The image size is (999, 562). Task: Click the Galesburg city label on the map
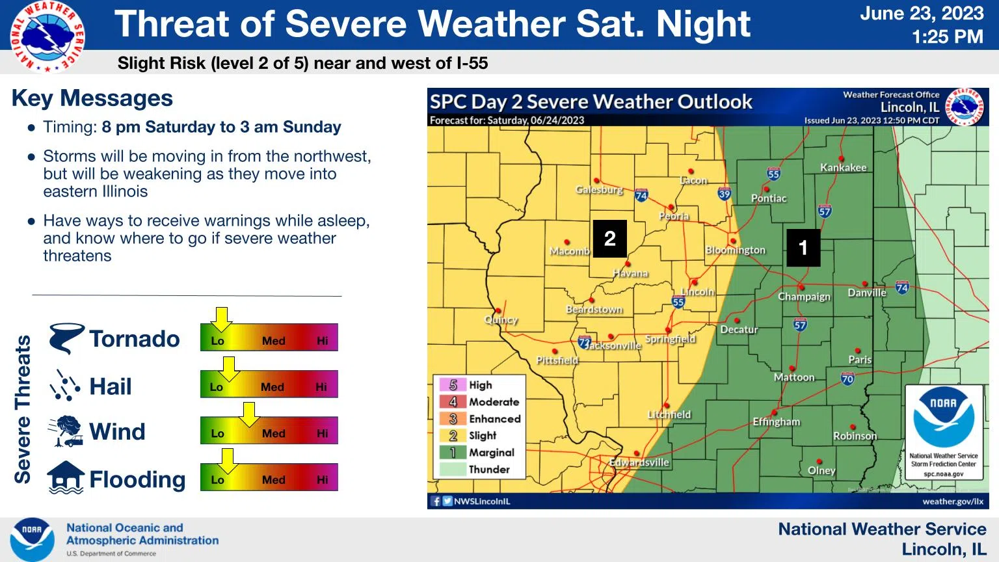point(599,190)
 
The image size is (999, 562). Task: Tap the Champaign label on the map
point(804,297)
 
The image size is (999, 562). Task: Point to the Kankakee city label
point(843,168)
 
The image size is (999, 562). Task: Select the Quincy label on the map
point(501,320)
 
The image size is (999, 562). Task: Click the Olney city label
point(821,470)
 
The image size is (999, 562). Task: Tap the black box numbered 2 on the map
point(609,239)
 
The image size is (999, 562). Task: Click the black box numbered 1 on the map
point(803,247)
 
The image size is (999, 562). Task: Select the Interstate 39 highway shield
point(725,194)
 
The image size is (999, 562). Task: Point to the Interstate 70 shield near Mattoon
point(847,379)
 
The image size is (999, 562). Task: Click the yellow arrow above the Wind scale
point(250,412)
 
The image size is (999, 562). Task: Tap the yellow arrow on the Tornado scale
point(222,319)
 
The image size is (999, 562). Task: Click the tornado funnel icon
point(66,338)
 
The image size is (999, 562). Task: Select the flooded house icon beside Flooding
point(66,478)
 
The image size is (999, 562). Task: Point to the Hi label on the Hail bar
point(321,387)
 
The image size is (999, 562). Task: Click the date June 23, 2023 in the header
point(922,14)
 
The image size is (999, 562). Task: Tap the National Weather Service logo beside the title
point(47,36)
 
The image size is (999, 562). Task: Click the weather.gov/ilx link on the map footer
point(952,502)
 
